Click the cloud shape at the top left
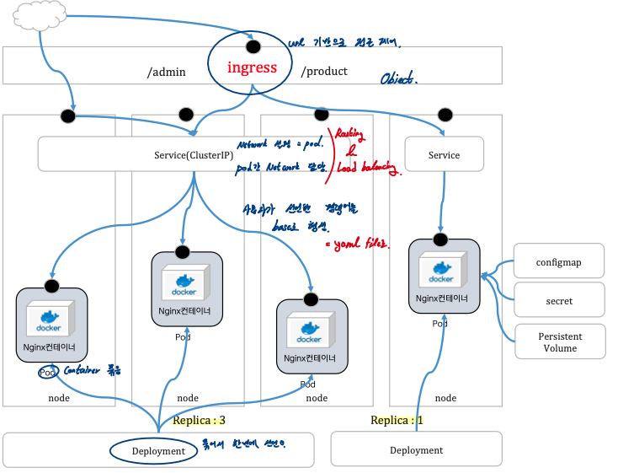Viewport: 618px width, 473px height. [x=37, y=17]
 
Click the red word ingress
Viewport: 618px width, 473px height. [x=252, y=67]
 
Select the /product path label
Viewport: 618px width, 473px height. [x=324, y=72]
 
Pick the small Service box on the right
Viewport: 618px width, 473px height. [x=444, y=155]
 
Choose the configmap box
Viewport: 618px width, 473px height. [x=559, y=262]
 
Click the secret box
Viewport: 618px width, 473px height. [x=559, y=301]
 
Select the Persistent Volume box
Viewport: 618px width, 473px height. [x=560, y=342]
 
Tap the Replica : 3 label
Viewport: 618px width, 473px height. [x=199, y=420]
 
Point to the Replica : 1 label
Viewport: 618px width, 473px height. [x=397, y=420]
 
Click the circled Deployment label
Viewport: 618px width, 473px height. [x=158, y=451]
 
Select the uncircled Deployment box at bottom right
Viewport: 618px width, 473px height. [x=416, y=450]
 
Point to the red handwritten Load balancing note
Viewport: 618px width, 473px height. [x=365, y=169]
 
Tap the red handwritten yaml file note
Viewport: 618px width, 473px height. [x=358, y=245]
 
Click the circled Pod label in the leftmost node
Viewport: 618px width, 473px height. [x=47, y=372]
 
